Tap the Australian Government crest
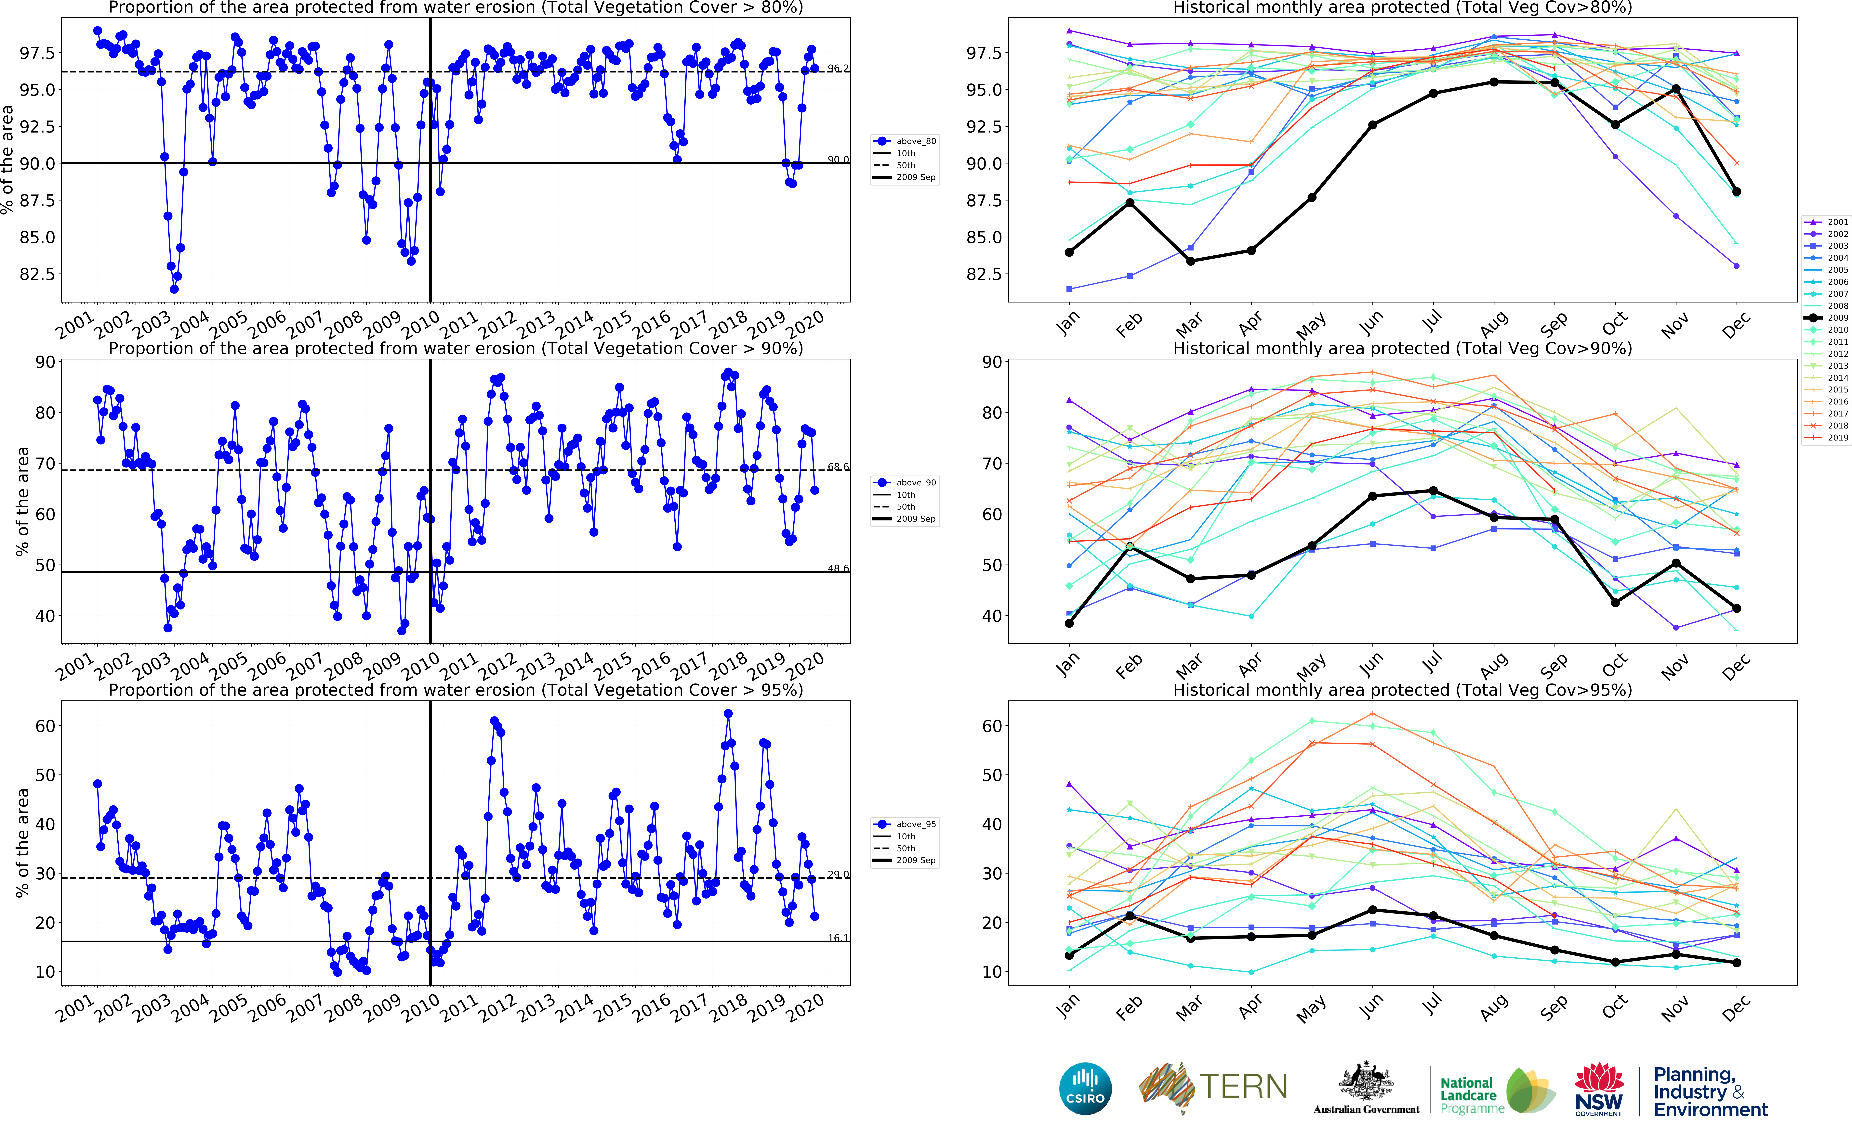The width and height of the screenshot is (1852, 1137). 1366,1083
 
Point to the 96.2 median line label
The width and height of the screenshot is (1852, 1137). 838,69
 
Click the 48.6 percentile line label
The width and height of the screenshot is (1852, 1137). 838,568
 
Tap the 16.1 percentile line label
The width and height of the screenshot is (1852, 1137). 838,938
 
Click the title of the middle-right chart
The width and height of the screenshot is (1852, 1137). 1402,349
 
